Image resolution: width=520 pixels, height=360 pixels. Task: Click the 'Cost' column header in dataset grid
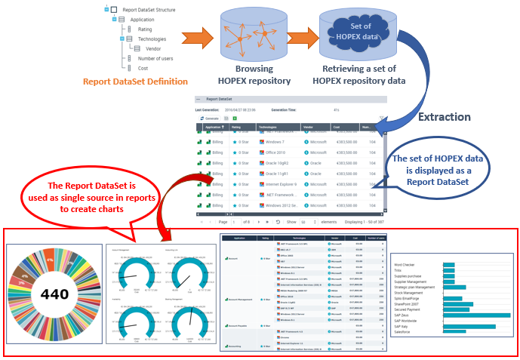(x=337, y=128)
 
